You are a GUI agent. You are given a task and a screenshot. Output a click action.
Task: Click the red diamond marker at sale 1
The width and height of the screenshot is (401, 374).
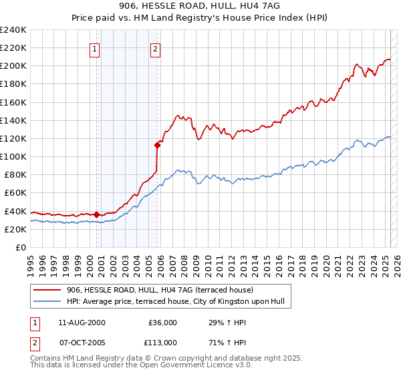(96, 214)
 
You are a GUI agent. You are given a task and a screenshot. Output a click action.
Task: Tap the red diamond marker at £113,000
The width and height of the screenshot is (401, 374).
(158, 144)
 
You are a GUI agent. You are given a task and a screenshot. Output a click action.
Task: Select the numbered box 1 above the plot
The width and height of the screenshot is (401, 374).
(94, 48)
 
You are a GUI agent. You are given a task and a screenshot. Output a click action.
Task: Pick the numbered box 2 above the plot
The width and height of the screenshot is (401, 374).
(155, 48)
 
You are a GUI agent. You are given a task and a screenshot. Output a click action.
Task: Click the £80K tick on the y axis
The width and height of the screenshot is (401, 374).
(15, 175)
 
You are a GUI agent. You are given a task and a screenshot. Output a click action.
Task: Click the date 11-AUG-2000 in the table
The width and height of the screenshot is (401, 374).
(82, 323)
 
